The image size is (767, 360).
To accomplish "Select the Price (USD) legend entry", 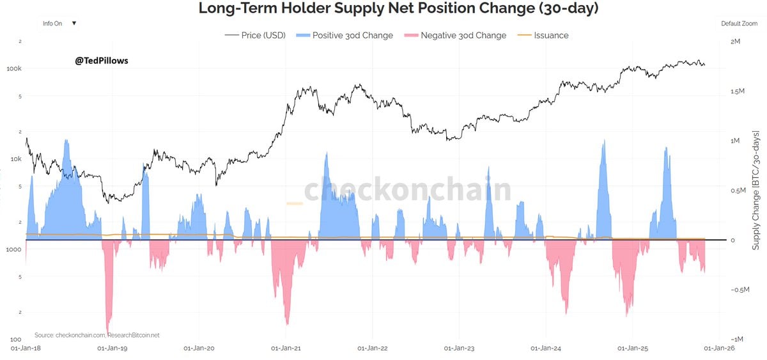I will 255,36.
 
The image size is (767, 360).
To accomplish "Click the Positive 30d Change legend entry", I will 345,36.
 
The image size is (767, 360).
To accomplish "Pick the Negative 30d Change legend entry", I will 455,36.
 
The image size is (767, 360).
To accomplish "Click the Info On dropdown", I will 59,24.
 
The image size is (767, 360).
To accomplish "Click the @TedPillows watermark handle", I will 102,61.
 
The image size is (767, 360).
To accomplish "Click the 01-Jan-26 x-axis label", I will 719,348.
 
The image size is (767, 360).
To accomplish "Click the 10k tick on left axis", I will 15,159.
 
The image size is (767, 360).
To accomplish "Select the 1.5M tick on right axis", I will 739,91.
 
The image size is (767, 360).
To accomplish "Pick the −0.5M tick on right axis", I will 739,290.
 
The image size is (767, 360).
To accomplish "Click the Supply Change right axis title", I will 756,190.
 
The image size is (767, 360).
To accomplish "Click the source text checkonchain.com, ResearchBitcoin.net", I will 97,335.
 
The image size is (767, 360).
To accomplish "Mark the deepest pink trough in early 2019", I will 108,331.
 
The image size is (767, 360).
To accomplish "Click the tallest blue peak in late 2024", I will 603,142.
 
